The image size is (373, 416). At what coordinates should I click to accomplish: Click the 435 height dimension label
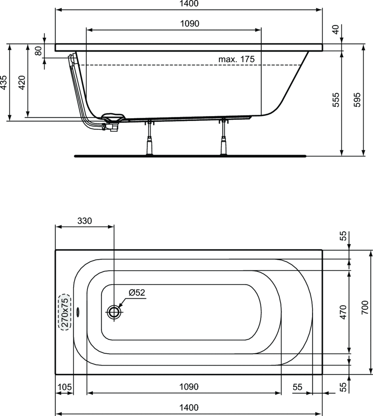click(3, 82)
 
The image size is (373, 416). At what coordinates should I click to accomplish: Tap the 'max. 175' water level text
click(236, 59)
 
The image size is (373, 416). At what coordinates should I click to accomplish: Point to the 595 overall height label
click(357, 100)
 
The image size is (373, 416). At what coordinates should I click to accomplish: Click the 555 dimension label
click(336, 100)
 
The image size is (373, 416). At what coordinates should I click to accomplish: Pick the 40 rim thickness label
click(336, 29)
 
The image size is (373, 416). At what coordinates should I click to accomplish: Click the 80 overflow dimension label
click(39, 51)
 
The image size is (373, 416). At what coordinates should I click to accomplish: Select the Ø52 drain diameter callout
click(137, 292)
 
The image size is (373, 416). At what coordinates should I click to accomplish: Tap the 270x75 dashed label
click(65, 312)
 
